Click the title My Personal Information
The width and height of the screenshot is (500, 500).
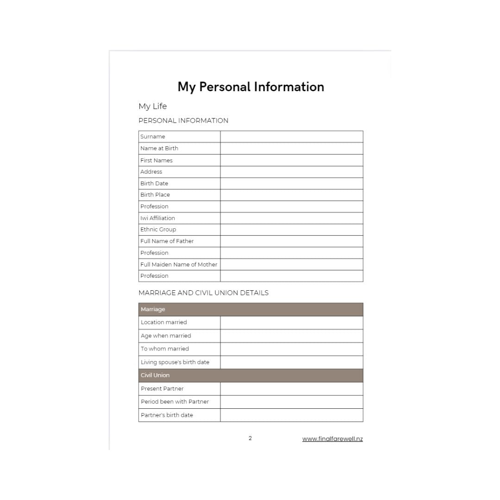250,87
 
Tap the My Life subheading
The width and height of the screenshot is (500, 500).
152,106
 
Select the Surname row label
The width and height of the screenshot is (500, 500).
153,137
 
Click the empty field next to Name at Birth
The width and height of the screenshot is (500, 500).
291,149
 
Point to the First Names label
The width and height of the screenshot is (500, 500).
156,160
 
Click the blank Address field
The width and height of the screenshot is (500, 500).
291,172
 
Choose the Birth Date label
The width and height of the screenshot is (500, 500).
154,183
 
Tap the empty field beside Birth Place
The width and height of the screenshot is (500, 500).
291,195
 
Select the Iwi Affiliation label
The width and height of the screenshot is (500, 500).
157,218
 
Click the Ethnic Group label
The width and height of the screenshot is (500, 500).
158,230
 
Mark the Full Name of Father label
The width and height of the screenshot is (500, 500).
167,241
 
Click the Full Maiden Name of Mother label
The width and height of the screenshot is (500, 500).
179,264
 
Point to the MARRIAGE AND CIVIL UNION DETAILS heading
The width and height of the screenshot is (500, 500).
203,293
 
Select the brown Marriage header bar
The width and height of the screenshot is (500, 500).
250,309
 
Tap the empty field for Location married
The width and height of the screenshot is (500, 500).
291,323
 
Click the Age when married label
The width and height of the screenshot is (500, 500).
166,336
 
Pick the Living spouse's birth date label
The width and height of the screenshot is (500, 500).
175,362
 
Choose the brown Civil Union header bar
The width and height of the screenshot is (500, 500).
250,375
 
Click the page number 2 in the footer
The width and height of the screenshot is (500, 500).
250,438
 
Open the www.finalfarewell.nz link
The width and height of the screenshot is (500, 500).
332,439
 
